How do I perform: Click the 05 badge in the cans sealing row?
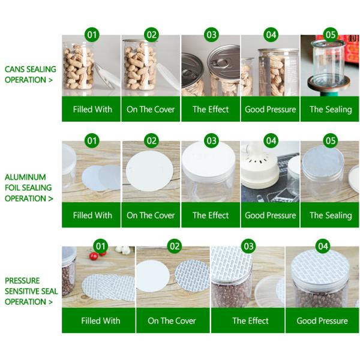click(331, 35)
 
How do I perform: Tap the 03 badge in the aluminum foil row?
click(211, 141)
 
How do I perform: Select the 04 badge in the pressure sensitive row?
click(323, 247)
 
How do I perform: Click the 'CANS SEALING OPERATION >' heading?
click(31, 74)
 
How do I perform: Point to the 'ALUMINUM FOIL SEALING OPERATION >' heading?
click(29, 188)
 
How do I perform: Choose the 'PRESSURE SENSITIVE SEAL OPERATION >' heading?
click(31, 291)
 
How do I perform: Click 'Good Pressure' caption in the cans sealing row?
click(270, 109)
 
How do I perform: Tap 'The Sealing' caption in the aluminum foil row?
click(331, 215)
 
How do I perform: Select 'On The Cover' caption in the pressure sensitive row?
click(172, 321)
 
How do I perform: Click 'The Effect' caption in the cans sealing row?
click(211, 109)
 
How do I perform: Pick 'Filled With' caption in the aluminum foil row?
click(92, 215)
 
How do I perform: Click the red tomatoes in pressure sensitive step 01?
click(97, 255)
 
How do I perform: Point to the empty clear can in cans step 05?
click(328, 64)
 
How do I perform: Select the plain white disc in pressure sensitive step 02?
click(152, 276)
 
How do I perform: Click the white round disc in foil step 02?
click(149, 171)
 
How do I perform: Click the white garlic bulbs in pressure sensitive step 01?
click(123, 250)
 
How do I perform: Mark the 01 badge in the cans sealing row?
click(92, 35)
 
